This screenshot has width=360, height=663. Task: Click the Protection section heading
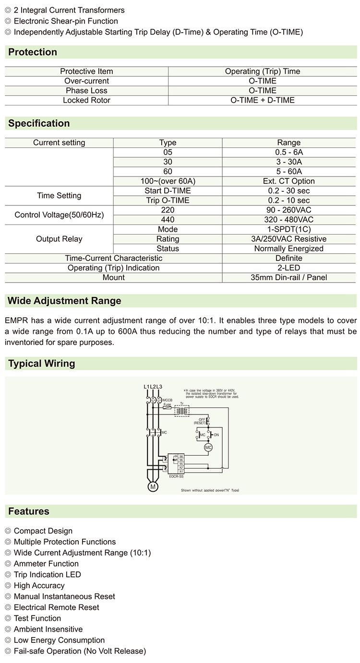33,52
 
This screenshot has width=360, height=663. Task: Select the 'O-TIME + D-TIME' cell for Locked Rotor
263,100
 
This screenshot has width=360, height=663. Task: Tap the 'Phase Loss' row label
86,91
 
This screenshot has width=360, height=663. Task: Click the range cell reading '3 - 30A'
289,162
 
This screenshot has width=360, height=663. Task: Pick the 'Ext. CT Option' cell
289,181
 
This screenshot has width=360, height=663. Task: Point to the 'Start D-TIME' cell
168,190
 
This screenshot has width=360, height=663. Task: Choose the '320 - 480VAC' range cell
289,219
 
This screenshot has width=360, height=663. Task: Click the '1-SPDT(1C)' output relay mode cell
289,229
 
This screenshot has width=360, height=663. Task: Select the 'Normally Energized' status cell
289,248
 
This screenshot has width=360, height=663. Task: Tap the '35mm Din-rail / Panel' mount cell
289,277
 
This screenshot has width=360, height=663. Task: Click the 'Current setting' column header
59,142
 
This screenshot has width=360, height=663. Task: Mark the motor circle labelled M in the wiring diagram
153,486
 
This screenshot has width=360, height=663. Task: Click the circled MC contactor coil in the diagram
208,447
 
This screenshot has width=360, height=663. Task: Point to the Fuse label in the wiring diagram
167,404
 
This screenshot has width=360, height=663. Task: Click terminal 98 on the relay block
181,456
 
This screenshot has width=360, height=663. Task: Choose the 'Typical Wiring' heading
42,364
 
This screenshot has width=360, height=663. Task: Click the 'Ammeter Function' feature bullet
46,564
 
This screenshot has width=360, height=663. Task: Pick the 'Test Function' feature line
37,618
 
